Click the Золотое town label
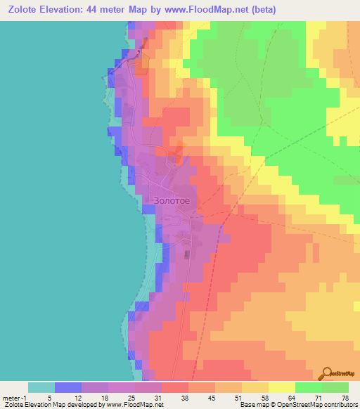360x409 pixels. click(171, 200)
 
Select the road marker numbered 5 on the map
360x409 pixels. click(139, 51)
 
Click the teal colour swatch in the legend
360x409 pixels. click(41, 387)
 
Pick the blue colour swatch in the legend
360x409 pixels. click(68, 387)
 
